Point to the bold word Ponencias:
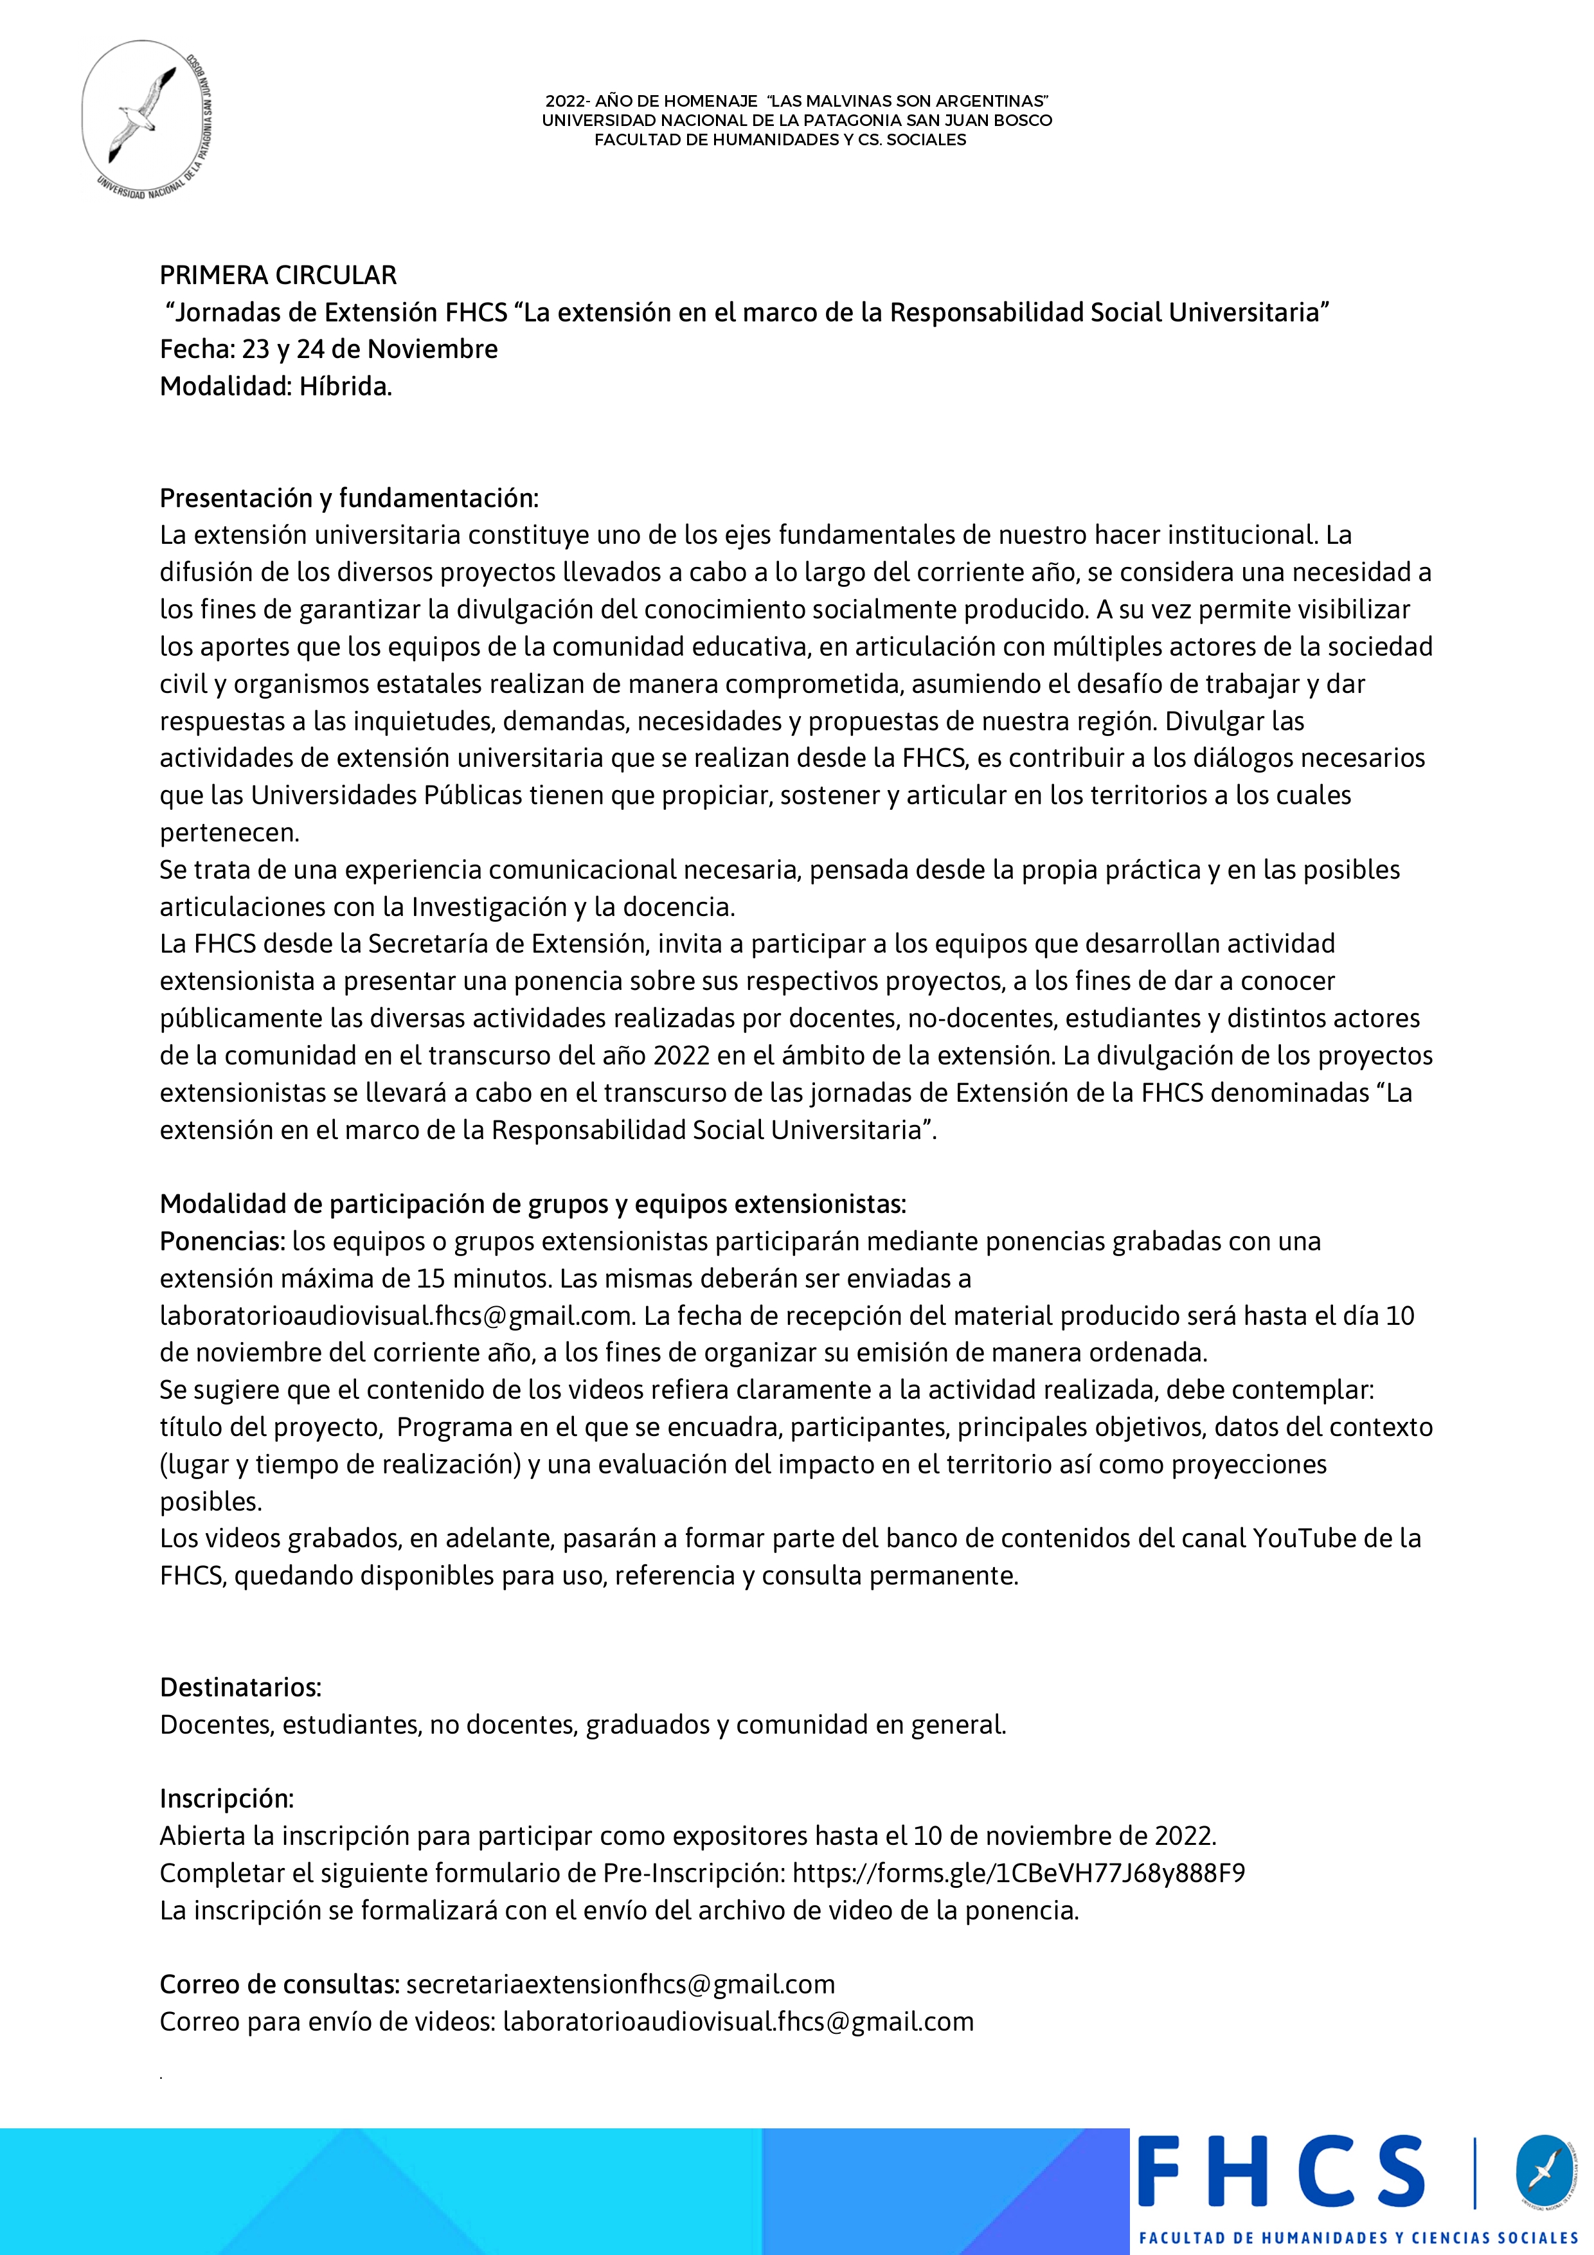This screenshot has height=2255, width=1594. point(222,1241)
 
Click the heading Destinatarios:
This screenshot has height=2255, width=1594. point(240,1687)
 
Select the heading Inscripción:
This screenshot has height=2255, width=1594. point(227,1799)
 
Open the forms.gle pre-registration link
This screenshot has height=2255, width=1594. point(1019,1873)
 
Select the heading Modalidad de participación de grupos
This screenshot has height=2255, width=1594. point(532,1204)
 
